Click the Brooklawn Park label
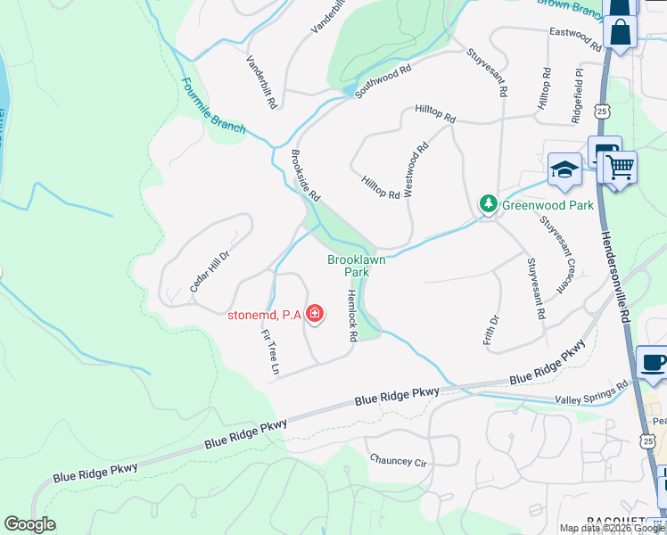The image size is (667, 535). [348, 266]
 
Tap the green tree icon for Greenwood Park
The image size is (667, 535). [488, 204]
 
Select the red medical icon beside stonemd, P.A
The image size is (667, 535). [314, 314]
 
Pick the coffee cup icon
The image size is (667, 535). [653, 364]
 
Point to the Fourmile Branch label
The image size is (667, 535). [213, 106]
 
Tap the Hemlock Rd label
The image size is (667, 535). [351, 316]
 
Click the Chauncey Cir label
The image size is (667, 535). [399, 460]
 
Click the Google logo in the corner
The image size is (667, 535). [30, 524]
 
